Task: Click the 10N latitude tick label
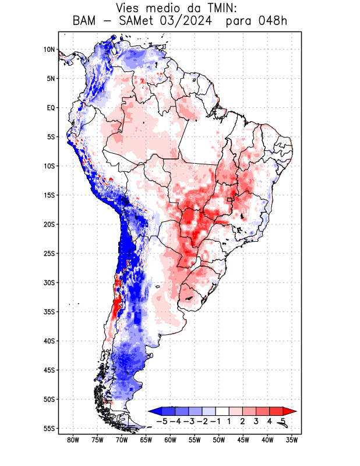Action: click(x=49, y=50)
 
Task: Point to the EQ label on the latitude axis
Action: click(x=51, y=108)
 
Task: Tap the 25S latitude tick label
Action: click(x=49, y=253)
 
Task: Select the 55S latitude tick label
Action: click(x=49, y=428)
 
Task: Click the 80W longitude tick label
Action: click(x=73, y=440)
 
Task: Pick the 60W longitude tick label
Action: click(x=171, y=440)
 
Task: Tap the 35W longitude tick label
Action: click(x=292, y=440)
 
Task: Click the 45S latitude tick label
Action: click(x=49, y=370)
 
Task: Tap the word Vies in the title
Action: click(x=129, y=8)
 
